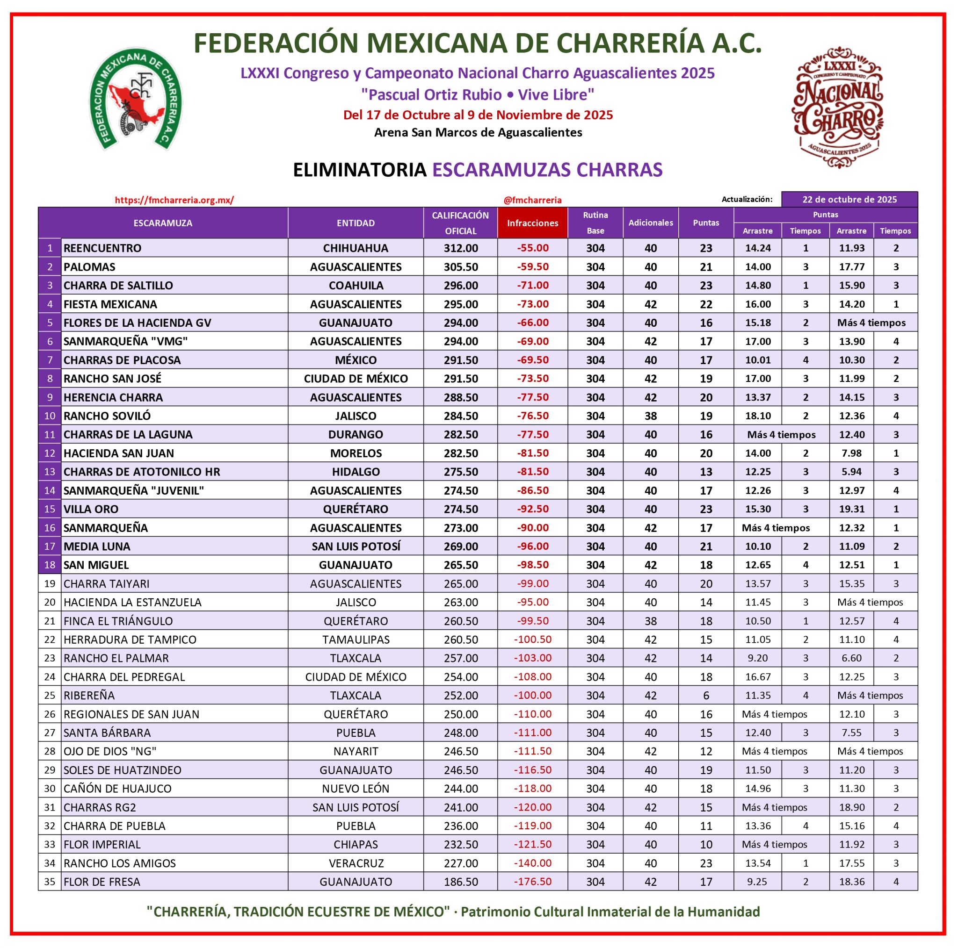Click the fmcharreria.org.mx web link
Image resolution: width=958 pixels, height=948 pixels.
tap(174, 200)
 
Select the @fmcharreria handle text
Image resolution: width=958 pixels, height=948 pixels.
tap(532, 200)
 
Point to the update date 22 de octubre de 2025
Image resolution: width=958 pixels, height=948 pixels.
tap(849, 199)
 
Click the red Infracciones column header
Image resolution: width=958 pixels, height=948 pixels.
tap(532, 223)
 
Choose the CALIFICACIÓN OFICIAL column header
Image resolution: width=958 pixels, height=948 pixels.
tap(460, 223)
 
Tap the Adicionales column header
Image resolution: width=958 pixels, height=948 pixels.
tap(650, 223)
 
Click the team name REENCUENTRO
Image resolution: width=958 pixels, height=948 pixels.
tap(102, 248)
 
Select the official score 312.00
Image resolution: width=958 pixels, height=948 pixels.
tap(461, 248)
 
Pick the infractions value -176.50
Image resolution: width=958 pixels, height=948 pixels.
tap(532, 882)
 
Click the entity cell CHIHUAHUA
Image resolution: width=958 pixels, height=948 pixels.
tap(356, 248)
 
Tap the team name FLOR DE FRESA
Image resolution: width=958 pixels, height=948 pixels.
tap(102, 882)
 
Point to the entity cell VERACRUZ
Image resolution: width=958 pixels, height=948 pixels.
tap(356, 863)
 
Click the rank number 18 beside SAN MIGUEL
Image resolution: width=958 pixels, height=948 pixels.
tap(50, 565)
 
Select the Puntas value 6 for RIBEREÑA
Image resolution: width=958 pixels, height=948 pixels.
tap(705, 695)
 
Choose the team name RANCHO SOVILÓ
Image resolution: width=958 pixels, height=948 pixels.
tap(107, 416)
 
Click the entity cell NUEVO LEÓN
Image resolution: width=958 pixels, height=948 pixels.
tap(356, 789)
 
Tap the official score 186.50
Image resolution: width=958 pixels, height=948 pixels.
tap(461, 882)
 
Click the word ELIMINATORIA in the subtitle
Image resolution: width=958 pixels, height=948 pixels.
tap(360, 170)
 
